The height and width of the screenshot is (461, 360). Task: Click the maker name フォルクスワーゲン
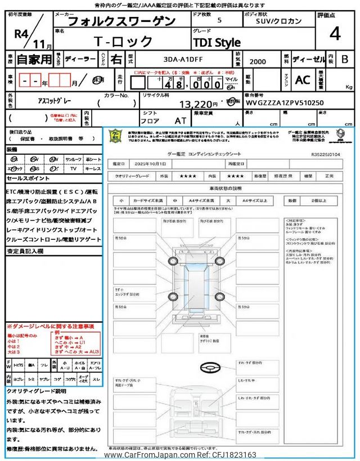point(121,21)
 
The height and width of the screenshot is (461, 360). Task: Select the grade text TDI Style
point(217,42)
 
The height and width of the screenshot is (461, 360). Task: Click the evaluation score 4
point(335,34)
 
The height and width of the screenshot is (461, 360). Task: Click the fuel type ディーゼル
point(308,59)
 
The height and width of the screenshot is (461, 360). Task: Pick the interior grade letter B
point(345,59)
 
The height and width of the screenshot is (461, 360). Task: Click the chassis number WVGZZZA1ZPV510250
point(285,104)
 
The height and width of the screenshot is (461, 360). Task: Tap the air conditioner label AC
point(303,80)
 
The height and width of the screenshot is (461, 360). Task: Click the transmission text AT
point(180,120)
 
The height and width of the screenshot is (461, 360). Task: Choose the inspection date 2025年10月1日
point(151,163)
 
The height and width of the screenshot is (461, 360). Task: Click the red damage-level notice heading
point(50,326)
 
